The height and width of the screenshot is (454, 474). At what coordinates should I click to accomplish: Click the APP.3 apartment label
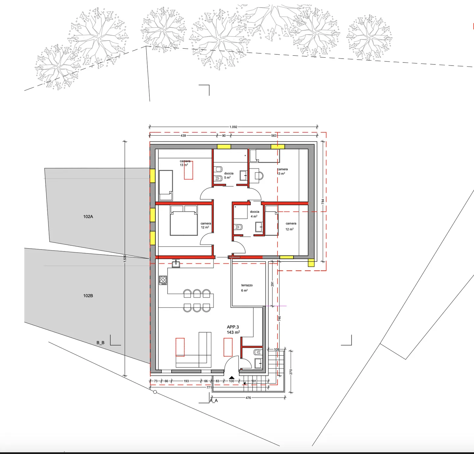tap(233, 327)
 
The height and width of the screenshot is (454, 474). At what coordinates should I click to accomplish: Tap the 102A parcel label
tap(88, 217)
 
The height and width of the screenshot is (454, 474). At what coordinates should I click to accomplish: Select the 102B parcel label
tap(88, 296)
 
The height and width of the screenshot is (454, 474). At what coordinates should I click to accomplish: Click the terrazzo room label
tap(247, 285)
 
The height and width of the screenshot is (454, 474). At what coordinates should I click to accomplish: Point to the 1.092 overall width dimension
tap(233, 127)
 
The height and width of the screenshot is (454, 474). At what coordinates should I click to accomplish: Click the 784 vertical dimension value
tap(323, 201)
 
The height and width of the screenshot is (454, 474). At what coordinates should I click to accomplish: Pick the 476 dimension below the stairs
tap(248, 398)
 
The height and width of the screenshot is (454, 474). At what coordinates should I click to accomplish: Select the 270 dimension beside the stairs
tap(291, 372)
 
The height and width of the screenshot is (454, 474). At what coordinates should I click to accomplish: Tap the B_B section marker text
tap(100, 343)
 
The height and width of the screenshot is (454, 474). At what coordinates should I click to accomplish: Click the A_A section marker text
tap(214, 401)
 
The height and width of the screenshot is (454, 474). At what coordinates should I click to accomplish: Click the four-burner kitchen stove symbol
tap(163, 280)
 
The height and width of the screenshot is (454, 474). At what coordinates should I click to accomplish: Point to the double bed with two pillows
tap(184, 220)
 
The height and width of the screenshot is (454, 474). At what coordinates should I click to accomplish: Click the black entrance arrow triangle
tap(232, 378)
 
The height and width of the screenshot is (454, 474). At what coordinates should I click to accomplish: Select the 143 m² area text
tap(233, 333)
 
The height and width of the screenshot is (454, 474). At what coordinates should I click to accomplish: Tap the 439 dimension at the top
tap(183, 136)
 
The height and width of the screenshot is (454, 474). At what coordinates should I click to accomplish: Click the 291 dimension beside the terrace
tap(272, 284)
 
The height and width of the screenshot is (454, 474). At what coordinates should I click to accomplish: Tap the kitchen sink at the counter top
tap(176, 264)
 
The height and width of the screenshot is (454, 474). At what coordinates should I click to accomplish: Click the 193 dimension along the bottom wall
tap(186, 381)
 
